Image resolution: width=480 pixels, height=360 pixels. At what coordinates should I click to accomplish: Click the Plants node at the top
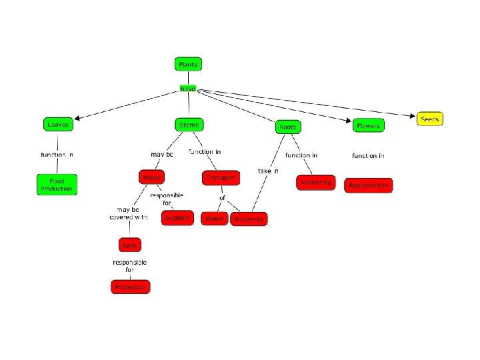click(x=188, y=64)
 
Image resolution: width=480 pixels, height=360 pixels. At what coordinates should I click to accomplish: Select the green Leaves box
click(x=57, y=124)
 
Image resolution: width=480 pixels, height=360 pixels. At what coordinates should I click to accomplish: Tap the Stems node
click(x=189, y=125)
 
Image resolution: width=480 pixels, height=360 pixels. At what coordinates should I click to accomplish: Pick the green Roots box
click(x=287, y=126)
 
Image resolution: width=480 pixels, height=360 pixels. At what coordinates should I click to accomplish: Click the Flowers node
click(x=367, y=125)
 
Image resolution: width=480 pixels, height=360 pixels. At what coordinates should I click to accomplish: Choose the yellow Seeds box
click(x=430, y=119)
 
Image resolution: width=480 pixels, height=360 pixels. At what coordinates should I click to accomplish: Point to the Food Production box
click(x=57, y=185)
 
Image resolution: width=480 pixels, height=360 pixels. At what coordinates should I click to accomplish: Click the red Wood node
click(x=151, y=177)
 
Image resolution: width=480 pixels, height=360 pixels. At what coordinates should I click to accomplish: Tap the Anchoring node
click(x=315, y=182)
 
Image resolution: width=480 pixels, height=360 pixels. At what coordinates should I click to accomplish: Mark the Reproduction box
click(x=368, y=185)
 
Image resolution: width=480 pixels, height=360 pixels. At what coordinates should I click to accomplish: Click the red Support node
click(x=177, y=218)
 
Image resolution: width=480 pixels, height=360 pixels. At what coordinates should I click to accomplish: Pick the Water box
click(x=215, y=219)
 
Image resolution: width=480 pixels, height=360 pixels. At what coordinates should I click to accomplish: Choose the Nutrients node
click(x=248, y=219)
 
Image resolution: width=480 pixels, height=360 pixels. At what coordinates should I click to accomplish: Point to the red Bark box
click(x=129, y=246)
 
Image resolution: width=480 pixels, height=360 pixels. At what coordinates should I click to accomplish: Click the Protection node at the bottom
click(x=130, y=287)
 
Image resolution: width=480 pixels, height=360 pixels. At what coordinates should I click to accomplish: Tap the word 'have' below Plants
click(x=187, y=89)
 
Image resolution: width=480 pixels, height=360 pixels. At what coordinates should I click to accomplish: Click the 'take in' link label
click(x=268, y=171)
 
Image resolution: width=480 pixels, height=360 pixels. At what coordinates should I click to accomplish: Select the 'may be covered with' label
click(x=129, y=213)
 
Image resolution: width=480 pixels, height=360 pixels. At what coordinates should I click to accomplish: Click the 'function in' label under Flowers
click(x=368, y=155)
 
